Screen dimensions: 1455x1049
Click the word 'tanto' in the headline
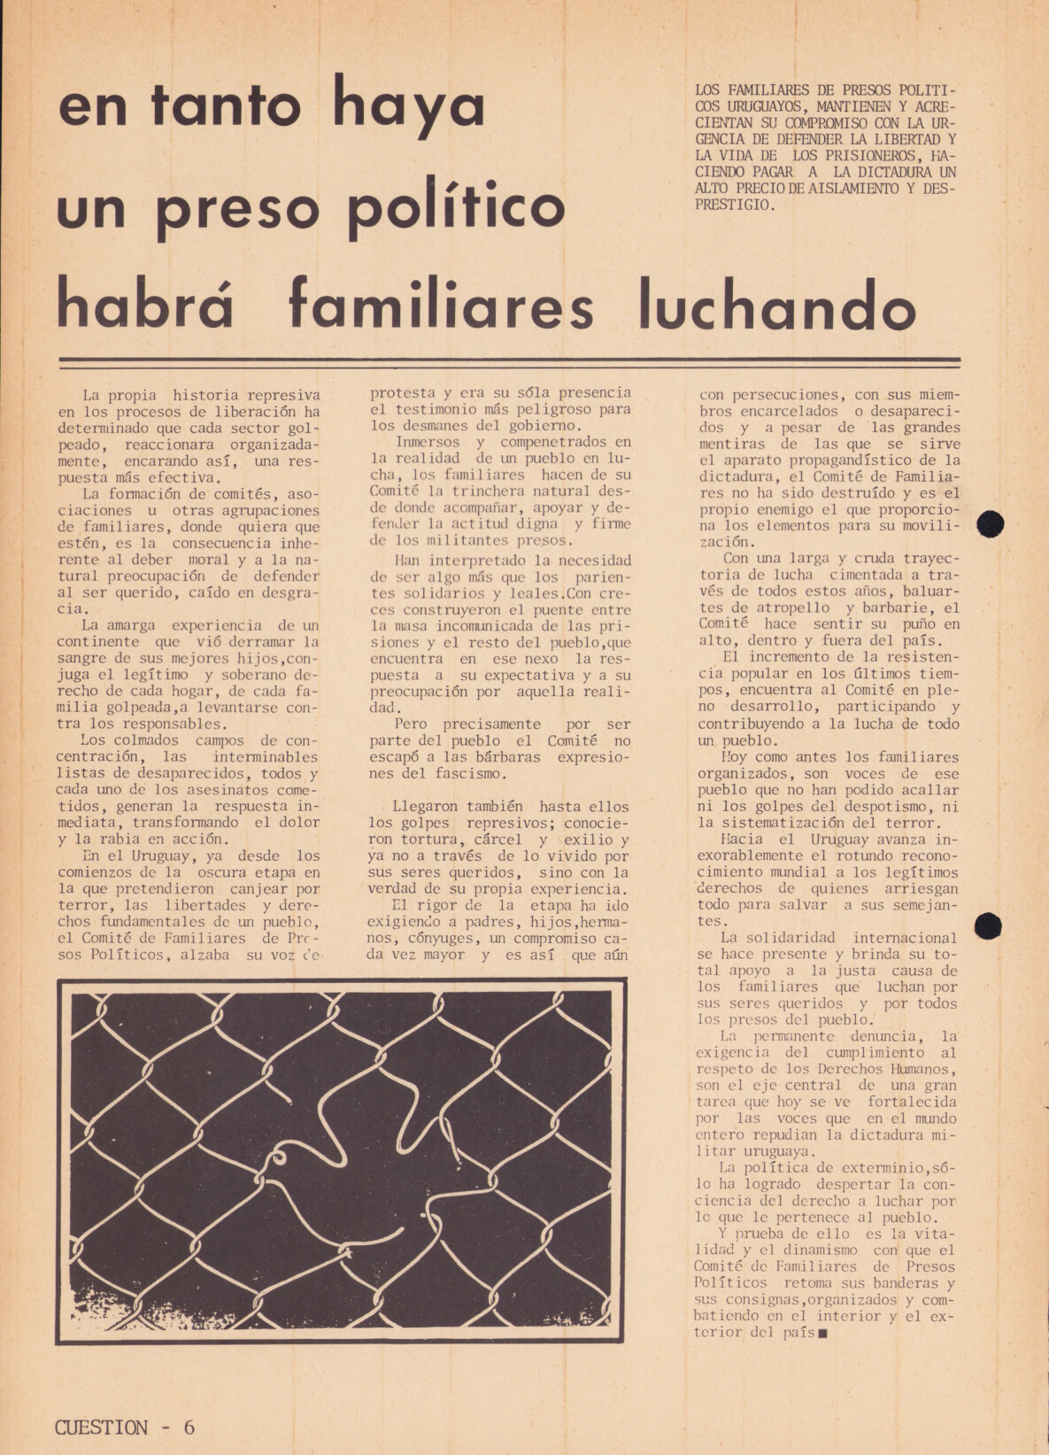(226, 106)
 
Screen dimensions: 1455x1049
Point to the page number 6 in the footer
(189, 1427)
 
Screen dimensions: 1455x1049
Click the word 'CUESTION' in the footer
(101, 1427)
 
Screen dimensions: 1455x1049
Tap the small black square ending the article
(822, 1333)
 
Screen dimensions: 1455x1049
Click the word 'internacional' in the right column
(905, 938)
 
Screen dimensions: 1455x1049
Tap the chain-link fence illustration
(342, 1160)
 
